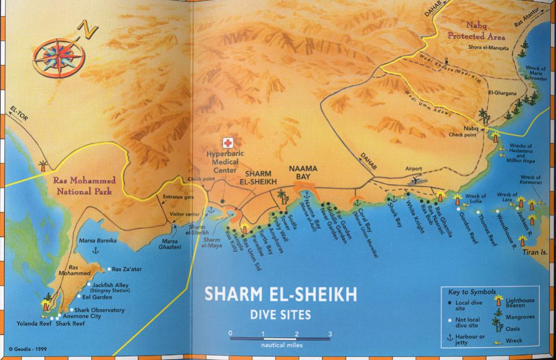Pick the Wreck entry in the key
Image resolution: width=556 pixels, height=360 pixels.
coord(514,341)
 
